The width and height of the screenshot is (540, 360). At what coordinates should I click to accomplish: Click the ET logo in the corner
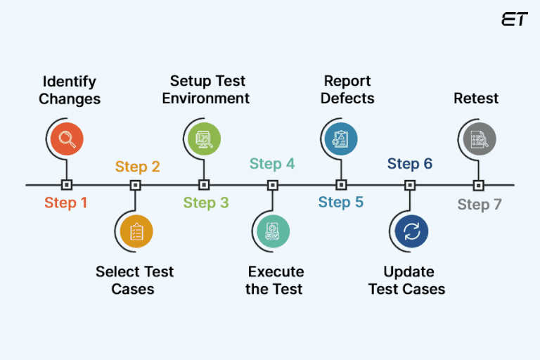[x=514, y=20]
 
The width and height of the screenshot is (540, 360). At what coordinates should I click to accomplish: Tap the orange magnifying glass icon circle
[x=67, y=139]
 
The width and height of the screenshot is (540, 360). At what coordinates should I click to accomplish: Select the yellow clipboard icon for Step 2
[x=136, y=232]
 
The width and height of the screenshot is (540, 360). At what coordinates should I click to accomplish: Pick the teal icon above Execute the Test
[x=272, y=232]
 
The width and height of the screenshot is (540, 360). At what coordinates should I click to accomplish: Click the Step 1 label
[x=66, y=203]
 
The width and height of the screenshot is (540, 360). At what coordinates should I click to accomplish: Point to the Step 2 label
[x=137, y=167]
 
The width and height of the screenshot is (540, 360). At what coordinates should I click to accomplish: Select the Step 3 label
[x=206, y=203]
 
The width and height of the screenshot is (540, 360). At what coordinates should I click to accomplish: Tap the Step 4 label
[x=272, y=165]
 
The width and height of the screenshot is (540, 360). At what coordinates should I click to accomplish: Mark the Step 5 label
[x=341, y=202]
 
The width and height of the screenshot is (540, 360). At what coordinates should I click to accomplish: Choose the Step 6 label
[x=410, y=165]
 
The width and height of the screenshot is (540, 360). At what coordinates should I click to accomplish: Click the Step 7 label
[x=480, y=205]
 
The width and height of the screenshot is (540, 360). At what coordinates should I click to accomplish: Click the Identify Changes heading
[x=70, y=90]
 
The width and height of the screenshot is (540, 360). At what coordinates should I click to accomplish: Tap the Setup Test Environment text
[x=206, y=90]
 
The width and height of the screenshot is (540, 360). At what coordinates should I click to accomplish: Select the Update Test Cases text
[x=407, y=280]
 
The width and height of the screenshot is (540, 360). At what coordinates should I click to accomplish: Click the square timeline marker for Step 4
[x=272, y=186]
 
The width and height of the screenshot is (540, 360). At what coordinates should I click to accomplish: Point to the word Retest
[x=476, y=98]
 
